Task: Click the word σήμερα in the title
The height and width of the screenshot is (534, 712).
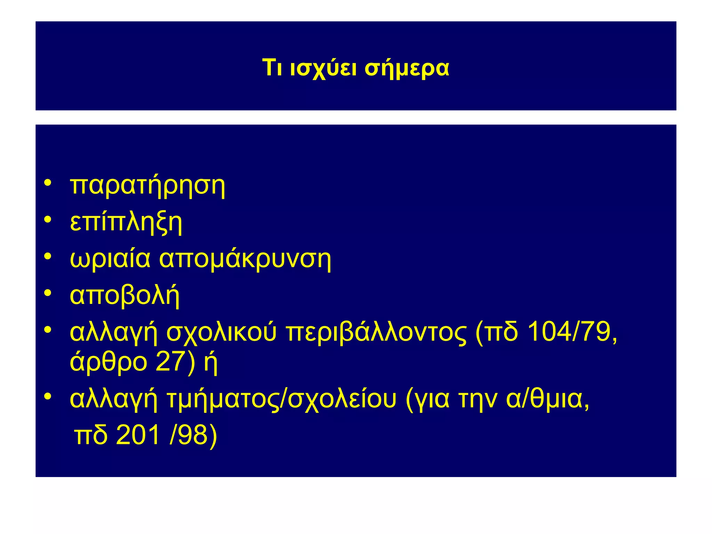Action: (x=406, y=68)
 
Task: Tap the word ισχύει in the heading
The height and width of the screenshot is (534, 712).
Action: (x=323, y=68)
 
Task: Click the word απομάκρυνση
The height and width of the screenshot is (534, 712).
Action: (x=245, y=260)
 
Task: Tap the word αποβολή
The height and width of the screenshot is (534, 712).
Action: (x=124, y=296)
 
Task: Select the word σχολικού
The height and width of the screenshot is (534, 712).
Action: (x=221, y=333)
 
